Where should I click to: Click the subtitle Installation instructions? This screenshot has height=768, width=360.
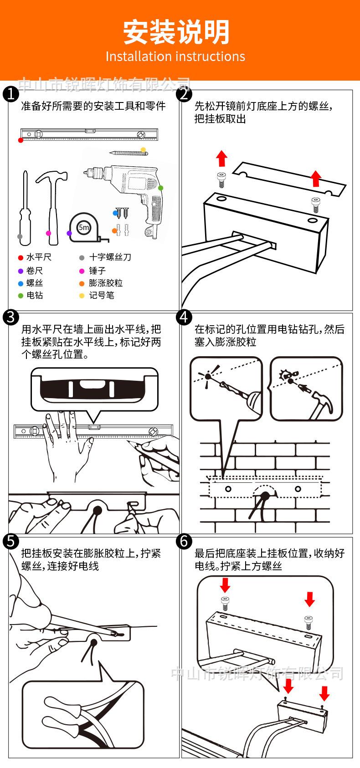pyautogui.click(x=175, y=56)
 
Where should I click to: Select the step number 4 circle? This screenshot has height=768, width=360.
pyautogui.click(x=184, y=317)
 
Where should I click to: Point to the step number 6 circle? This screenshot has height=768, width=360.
pyautogui.click(x=184, y=541)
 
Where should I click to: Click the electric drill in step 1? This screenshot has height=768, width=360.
pyautogui.click(x=132, y=191)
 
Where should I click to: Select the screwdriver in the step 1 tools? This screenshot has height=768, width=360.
pyautogui.click(x=23, y=205)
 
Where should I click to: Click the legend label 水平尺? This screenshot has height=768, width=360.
pyautogui.click(x=39, y=257)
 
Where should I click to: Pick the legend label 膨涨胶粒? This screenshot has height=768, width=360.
pyautogui.click(x=106, y=283)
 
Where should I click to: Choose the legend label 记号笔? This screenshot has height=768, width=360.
pyautogui.click(x=101, y=295)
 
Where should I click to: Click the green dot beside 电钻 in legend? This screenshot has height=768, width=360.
pyautogui.click(x=21, y=296)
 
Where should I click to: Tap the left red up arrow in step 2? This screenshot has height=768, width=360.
pyautogui.click(x=221, y=158)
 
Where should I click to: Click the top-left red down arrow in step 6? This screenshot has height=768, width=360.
pyautogui.click(x=225, y=584)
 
